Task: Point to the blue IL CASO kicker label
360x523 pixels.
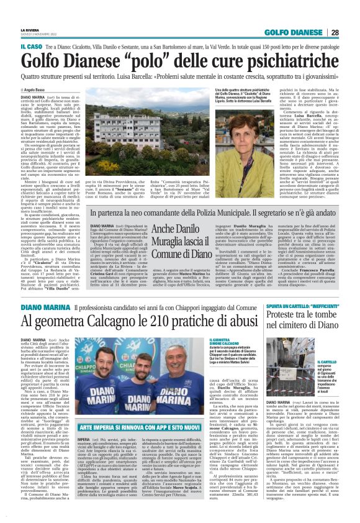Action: (x=14, y=47)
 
